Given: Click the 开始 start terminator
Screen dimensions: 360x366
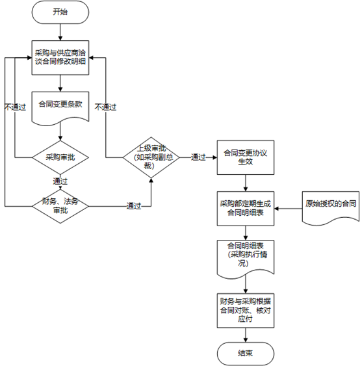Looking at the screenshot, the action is pos(60,12).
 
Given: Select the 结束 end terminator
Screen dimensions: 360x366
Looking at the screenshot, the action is pos(246,354).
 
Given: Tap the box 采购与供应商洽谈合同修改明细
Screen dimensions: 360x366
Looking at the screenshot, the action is pos(60,58).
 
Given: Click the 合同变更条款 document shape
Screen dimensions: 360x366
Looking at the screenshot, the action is pos(60,107).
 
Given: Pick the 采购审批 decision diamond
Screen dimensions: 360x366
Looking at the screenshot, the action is pos(60,157).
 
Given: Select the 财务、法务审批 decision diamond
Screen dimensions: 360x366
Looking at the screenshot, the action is pos(60,206).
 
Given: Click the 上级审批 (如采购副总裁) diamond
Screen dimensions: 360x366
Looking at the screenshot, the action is pos(151,157).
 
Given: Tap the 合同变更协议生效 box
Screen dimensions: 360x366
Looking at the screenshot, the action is pos(246,157).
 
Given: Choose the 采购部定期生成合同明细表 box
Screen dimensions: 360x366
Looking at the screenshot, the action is pos(246,209).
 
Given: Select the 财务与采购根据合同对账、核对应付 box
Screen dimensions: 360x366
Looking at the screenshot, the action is pos(246,311).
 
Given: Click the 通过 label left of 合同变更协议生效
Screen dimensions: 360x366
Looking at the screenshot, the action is pos(198,157).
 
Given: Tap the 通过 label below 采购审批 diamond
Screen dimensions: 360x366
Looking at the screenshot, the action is pos(60,181).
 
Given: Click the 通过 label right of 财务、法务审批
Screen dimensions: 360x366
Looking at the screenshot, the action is pos(134,206).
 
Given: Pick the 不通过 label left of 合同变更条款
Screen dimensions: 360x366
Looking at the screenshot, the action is pos(15,107).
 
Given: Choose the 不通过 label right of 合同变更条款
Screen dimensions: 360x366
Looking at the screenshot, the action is pos(105,107).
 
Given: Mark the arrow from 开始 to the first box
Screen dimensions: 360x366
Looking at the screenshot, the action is pos(60,33).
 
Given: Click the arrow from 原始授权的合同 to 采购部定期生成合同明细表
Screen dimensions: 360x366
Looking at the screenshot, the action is pos(288,209).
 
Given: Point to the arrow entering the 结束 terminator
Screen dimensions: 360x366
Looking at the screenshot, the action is pos(246,335).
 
